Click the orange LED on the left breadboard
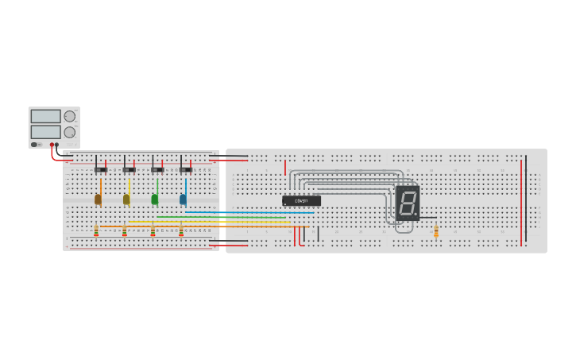click(99, 199)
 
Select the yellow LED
click(126, 199)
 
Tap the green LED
click(155, 199)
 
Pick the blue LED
click(184, 199)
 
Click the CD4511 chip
click(302, 201)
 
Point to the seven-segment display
click(408, 203)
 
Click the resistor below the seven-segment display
click(436, 230)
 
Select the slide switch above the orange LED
click(100, 169)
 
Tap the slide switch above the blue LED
click(185, 169)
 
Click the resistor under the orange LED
click(96, 231)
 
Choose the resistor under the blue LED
click(181, 231)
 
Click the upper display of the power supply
click(45, 116)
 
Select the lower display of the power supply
click(45, 132)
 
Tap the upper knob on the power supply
click(70, 116)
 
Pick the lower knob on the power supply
click(70, 132)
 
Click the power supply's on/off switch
click(35, 145)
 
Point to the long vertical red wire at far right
click(522, 203)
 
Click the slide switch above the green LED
click(157, 169)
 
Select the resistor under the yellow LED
click(125, 231)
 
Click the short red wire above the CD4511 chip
click(285, 167)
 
